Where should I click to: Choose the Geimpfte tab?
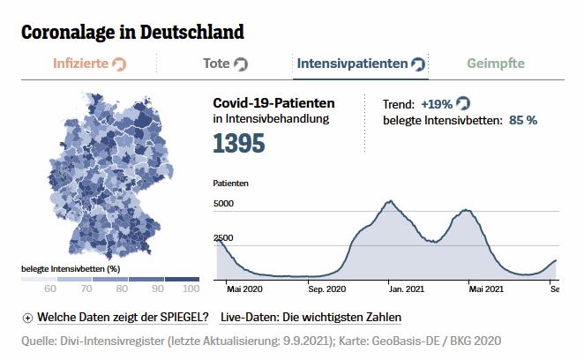pyautogui.click(x=495, y=64)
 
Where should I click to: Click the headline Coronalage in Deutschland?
pyautogui.click(x=132, y=33)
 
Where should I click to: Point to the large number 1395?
pyautogui.click(x=238, y=142)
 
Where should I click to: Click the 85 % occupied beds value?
pyautogui.click(x=523, y=120)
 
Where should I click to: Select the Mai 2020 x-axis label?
pyautogui.click(x=245, y=289)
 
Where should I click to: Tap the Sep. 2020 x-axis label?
pyautogui.click(x=327, y=289)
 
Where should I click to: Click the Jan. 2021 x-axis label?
pyautogui.click(x=408, y=289)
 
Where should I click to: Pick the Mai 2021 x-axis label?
pyautogui.click(x=486, y=289)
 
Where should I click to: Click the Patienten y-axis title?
pyautogui.click(x=230, y=184)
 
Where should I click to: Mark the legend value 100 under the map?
pyautogui.click(x=191, y=289)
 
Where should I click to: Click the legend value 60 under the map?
pyautogui.click(x=50, y=289)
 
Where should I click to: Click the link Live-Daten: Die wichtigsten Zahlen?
pyautogui.click(x=311, y=318)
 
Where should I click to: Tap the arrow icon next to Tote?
pyautogui.click(x=240, y=64)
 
